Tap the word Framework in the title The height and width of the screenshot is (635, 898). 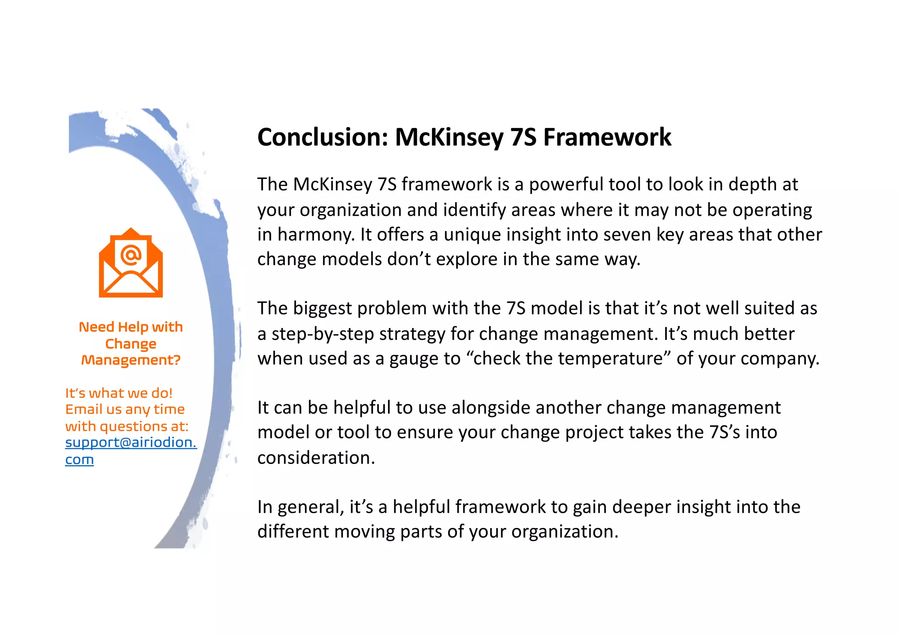point(607,137)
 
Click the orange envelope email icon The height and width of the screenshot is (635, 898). point(131,263)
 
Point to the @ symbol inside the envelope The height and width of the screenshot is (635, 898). point(131,254)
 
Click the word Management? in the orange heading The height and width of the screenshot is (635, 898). point(131,360)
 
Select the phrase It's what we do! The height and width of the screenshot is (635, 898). point(119,393)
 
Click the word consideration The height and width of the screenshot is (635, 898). point(316,458)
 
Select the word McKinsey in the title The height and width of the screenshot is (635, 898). point(449,137)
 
